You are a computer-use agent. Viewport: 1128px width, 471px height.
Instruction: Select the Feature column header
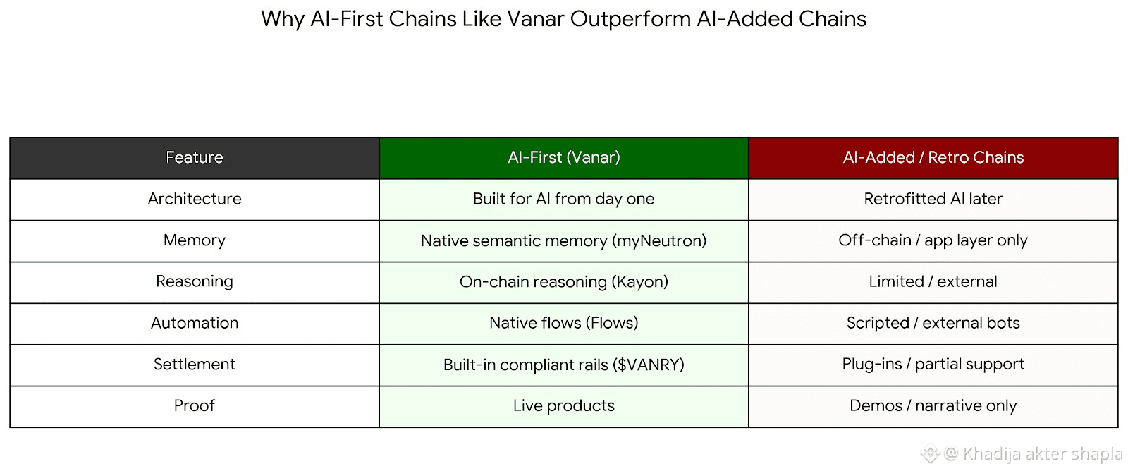click(x=195, y=158)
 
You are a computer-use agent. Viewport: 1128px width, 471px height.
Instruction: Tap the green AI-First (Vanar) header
click(x=563, y=158)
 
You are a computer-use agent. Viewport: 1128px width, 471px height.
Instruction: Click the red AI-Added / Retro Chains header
click(x=933, y=158)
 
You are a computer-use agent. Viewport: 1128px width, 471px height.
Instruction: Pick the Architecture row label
click(x=195, y=199)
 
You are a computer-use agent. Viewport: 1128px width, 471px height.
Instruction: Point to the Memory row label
click(x=195, y=240)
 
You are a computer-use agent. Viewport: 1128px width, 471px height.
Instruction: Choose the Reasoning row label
click(x=195, y=281)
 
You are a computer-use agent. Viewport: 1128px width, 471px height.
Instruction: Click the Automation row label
click(x=195, y=323)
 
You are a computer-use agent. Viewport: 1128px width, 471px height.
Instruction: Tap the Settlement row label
click(x=195, y=365)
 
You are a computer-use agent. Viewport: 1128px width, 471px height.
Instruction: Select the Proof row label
click(x=195, y=405)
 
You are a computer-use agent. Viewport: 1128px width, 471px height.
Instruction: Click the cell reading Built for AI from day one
click(x=563, y=199)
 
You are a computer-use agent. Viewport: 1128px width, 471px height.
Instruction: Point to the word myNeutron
click(x=659, y=241)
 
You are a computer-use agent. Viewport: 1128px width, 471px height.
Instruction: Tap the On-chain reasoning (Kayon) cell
click(x=563, y=282)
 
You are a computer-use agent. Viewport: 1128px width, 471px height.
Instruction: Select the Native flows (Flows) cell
click(x=563, y=323)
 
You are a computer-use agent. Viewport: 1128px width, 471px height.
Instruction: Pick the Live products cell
click(x=563, y=405)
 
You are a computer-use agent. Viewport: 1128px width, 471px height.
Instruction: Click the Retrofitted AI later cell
click(x=933, y=199)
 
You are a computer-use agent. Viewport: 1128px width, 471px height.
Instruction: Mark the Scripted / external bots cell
click(x=933, y=323)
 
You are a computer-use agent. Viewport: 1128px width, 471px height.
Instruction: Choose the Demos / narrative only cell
click(x=933, y=405)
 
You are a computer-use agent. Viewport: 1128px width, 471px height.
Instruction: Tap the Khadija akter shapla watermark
click(x=1042, y=453)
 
